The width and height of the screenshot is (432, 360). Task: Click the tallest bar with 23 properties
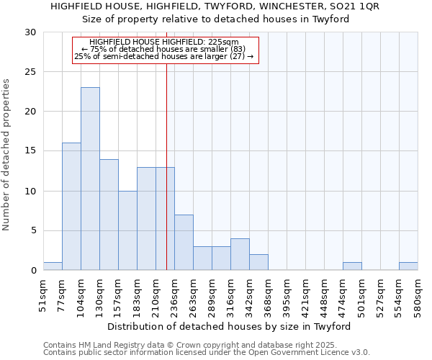point(90,179)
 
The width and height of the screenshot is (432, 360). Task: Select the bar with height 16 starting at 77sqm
point(71,207)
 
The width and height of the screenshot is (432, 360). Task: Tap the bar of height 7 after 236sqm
point(184,243)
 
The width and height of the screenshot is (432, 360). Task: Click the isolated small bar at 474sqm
point(352,266)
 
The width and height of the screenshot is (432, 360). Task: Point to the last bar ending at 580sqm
point(408,266)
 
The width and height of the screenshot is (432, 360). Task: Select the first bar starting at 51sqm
point(53,266)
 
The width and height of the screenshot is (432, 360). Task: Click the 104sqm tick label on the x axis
point(81,294)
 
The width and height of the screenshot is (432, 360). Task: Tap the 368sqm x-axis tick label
point(269,294)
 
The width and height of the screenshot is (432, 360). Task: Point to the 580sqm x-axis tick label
point(418,294)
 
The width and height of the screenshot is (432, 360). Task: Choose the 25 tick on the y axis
point(30,72)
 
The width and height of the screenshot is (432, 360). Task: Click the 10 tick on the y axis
point(30,192)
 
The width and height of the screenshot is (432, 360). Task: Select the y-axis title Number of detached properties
point(7,155)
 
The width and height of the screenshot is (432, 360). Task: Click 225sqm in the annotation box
point(223,42)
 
